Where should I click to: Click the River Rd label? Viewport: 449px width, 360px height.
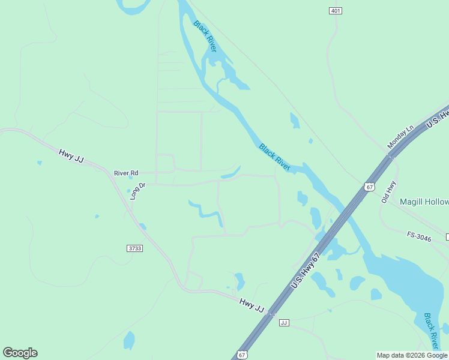click(x=126, y=173)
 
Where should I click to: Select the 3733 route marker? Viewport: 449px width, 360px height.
click(x=135, y=248)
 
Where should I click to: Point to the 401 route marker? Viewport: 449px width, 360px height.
click(x=336, y=11)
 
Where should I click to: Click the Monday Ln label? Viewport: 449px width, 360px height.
click(x=401, y=137)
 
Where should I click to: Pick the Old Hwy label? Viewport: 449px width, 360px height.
click(x=390, y=191)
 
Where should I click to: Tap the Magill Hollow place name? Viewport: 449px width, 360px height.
click(x=424, y=202)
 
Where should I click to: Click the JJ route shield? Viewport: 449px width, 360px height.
click(x=285, y=323)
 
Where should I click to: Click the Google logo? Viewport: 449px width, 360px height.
click(x=20, y=352)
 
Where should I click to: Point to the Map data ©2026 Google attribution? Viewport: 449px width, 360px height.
click(x=412, y=355)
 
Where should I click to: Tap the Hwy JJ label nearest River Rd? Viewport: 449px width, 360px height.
click(x=70, y=155)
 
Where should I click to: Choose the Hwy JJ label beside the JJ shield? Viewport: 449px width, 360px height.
click(x=252, y=305)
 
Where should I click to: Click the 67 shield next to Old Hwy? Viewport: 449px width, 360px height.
click(x=369, y=187)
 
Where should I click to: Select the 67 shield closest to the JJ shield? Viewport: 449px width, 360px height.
click(x=241, y=355)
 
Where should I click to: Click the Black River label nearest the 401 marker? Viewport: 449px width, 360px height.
click(x=205, y=36)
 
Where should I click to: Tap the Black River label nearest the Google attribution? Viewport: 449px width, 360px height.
click(x=432, y=331)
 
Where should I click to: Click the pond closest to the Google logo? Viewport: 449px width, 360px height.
click(x=129, y=340)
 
